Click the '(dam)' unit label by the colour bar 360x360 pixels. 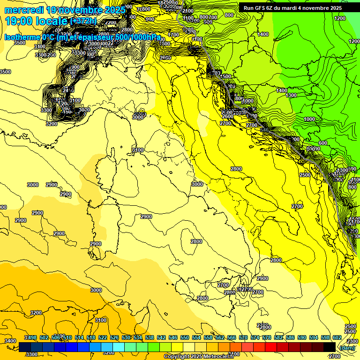point(347,347)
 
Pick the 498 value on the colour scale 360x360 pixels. point(32,338)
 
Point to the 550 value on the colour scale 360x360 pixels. point(185,338)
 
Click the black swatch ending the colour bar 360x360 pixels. point(330,347)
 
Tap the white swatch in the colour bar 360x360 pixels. point(189,347)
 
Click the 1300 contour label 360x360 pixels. point(291,95)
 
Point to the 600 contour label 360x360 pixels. point(322,143)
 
